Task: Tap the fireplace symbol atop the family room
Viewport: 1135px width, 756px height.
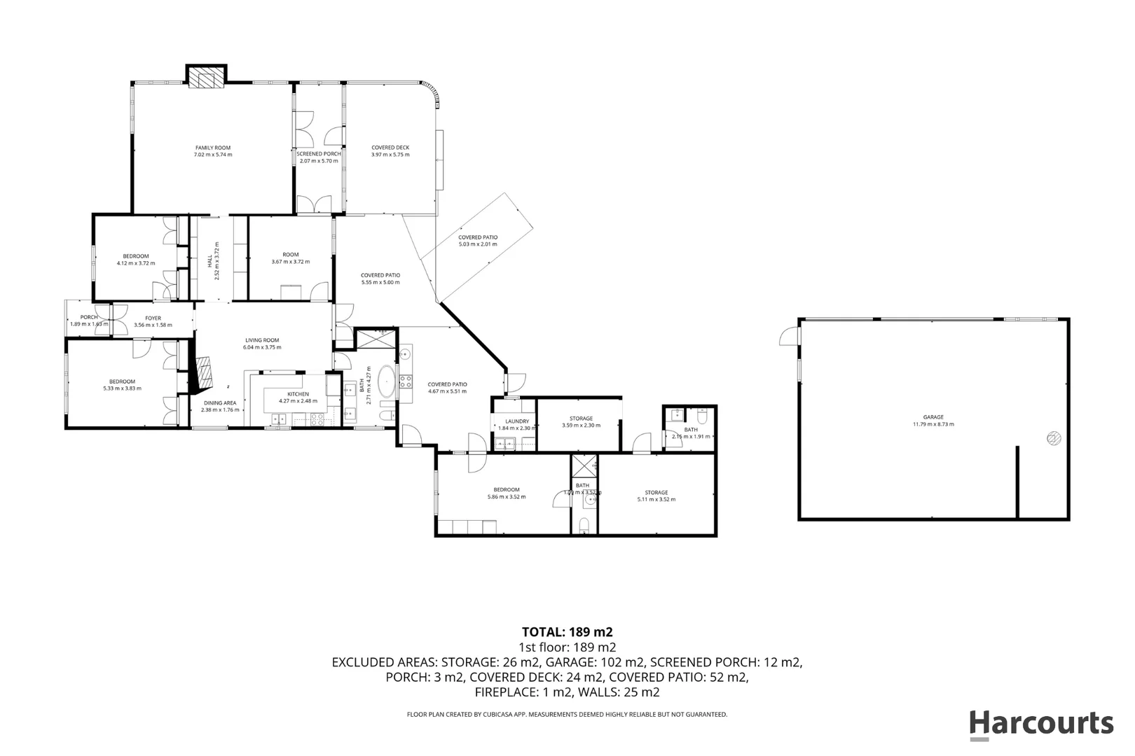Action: click(x=206, y=78)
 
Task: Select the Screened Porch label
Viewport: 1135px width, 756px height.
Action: click(x=319, y=154)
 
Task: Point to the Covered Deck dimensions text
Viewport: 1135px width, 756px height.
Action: click(x=390, y=155)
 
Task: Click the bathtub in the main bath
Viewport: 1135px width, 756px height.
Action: click(x=386, y=383)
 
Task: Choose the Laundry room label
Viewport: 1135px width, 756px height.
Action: click(x=517, y=421)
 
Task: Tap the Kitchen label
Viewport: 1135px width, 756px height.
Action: click(x=298, y=394)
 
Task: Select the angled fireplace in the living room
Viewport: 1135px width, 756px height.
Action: click(x=204, y=373)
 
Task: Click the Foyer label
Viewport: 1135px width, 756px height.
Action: click(x=153, y=318)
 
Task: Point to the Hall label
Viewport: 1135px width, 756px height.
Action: click(x=210, y=260)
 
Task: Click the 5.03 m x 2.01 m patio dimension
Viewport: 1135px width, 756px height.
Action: click(x=478, y=244)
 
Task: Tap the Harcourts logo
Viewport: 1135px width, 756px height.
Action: click(x=1041, y=723)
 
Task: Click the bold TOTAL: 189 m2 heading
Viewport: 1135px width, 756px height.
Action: click(x=567, y=632)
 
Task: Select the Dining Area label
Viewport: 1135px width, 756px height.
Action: click(x=220, y=403)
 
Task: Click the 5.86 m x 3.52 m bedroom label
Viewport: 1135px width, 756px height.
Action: click(x=506, y=493)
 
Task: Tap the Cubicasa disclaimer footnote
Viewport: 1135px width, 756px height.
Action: click(x=567, y=715)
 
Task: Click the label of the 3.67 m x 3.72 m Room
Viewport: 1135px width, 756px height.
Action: click(x=290, y=255)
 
